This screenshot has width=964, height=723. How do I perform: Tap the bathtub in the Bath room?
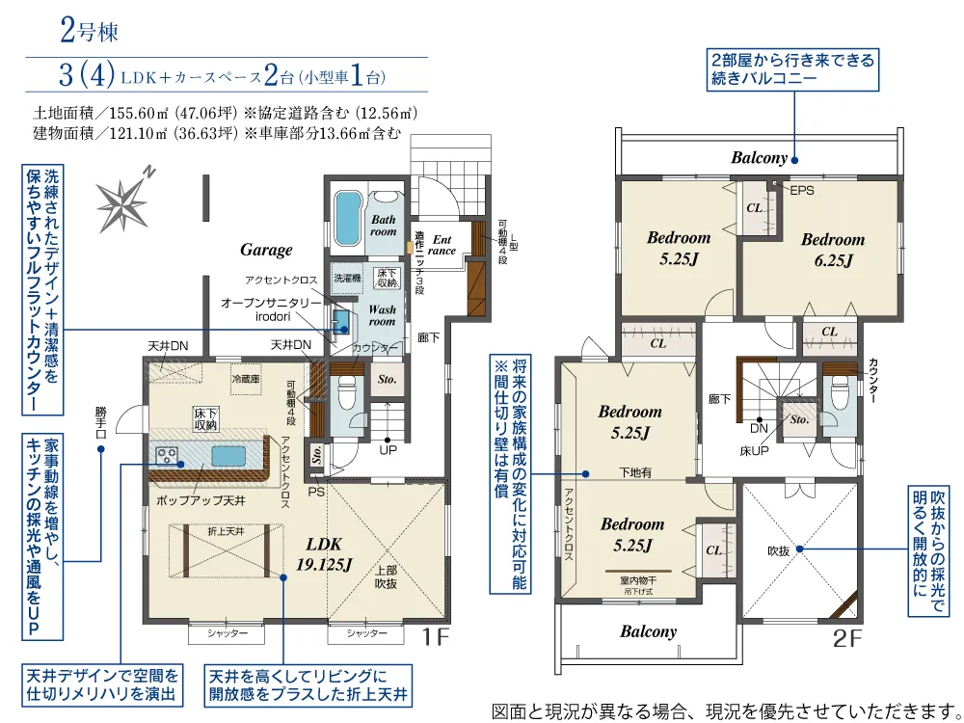click(346, 219)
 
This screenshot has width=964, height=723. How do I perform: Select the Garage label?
click(266, 250)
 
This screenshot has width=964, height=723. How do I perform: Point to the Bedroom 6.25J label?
click(833, 249)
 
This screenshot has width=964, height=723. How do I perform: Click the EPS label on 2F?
click(802, 191)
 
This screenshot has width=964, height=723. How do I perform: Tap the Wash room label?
click(383, 315)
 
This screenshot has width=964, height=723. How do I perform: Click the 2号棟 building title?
click(89, 32)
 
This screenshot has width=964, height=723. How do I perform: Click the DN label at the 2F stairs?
click(760, 429)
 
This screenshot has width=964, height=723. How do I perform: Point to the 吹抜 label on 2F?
click(779, 550)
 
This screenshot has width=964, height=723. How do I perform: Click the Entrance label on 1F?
click(442, 245)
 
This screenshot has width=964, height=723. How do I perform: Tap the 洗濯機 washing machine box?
click(346, 278)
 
